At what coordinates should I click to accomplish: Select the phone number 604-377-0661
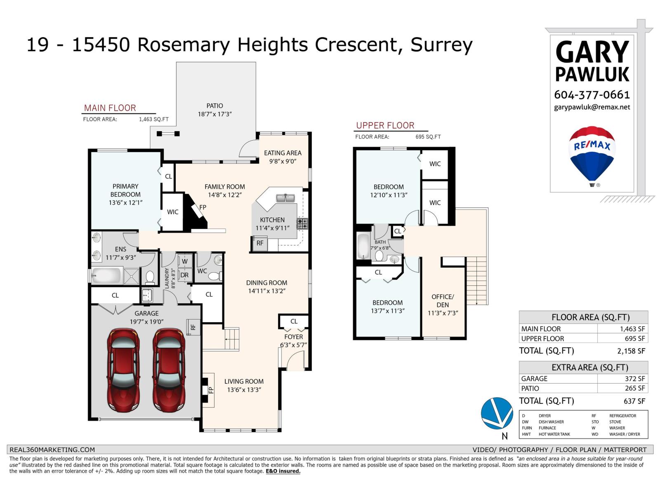click(592, 95)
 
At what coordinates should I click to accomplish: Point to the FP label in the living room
click(211, 390)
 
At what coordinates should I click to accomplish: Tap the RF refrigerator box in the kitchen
click(260, 243)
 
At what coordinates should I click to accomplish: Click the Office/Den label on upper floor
click(443, 301)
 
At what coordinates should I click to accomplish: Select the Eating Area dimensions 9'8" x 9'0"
click(283, 161)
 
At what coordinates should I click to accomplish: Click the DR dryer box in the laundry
click(184, 275)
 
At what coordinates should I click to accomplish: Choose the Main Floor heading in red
click(110, 108)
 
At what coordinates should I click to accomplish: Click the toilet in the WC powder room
click(214, 276)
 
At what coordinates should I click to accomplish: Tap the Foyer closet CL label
click(294, 321)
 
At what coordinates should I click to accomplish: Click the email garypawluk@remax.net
click(592, 107)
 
